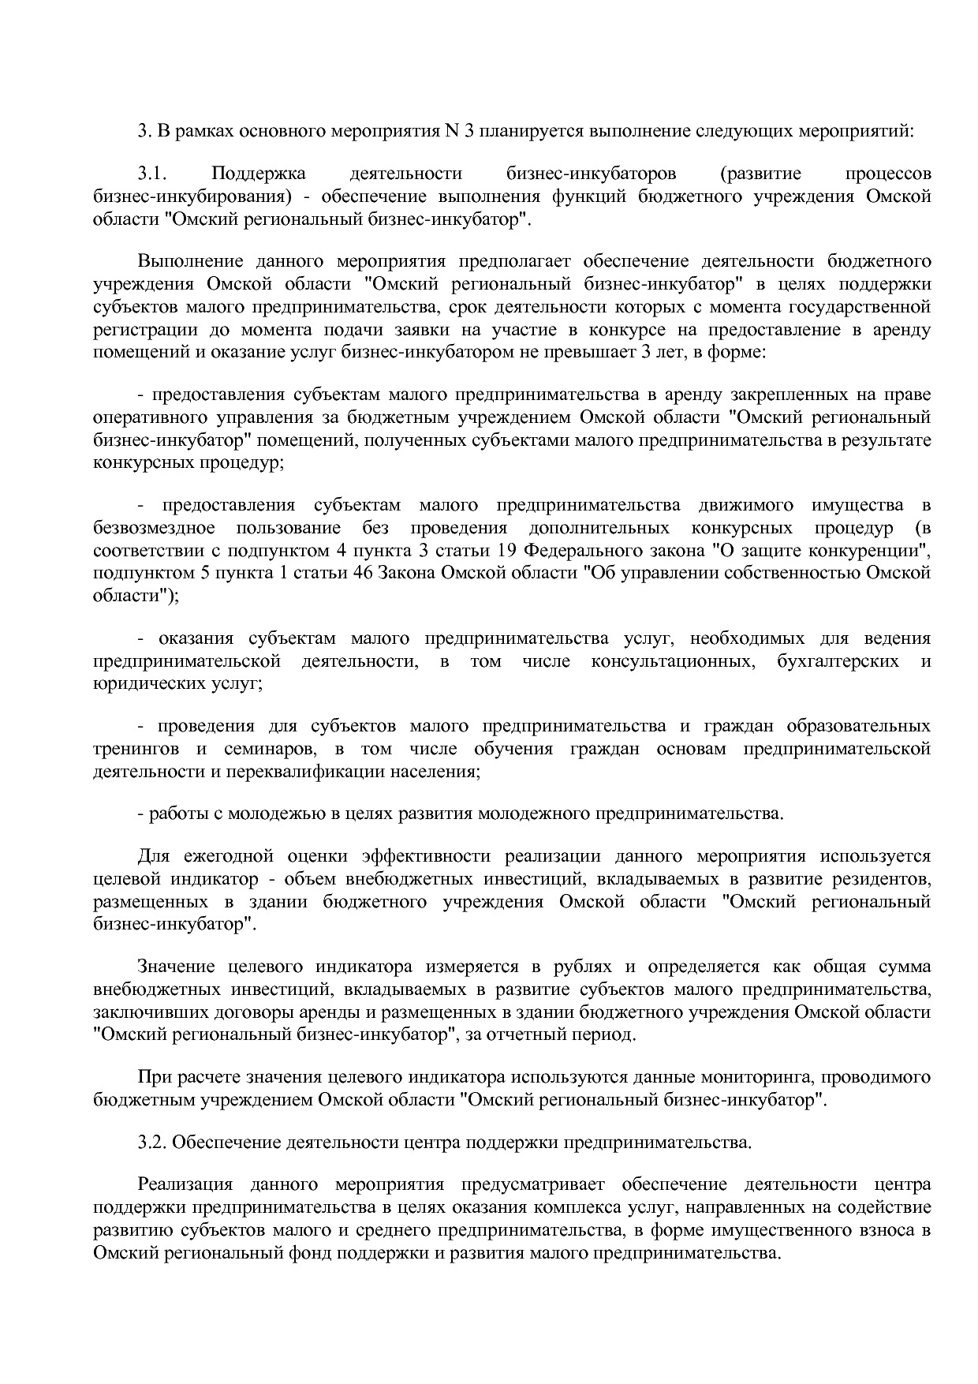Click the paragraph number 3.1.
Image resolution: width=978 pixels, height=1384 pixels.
pos(150,174)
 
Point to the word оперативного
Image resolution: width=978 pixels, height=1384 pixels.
pos(142,417)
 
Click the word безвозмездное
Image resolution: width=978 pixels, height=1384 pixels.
pos(154,527)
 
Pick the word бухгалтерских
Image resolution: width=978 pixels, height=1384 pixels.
pos(838,660)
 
